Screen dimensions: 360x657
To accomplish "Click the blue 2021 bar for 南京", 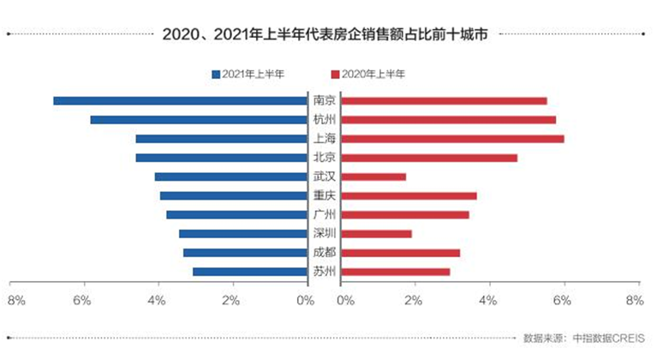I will [x=180, y=101].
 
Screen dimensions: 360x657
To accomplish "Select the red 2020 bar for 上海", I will [x=452, y=139].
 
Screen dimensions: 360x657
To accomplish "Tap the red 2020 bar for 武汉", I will [x=373, y=177].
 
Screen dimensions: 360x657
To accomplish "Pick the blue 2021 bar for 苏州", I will [x=249, y=272].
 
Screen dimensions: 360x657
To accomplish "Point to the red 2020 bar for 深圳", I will [x=376, y=234].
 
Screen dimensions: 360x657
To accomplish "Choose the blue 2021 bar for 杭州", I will [x=199, y=120].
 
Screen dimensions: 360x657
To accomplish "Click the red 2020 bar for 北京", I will [x=429, y=158].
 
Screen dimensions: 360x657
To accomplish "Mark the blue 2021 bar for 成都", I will [x=245, y=253].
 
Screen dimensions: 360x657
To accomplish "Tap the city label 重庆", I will [x=324, y=196].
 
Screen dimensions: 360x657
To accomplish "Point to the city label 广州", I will [x=324, y=215].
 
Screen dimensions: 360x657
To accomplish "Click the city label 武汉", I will [x=324, y=177].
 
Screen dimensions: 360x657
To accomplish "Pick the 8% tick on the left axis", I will [x=15, y=301].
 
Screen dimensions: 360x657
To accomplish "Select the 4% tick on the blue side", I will [x=156, y=301].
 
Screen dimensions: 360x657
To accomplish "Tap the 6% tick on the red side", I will [x=562, y=301].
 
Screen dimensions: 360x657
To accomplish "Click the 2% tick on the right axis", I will [x=414, y=301].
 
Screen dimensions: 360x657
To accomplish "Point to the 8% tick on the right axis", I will [x=635, y=301].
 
